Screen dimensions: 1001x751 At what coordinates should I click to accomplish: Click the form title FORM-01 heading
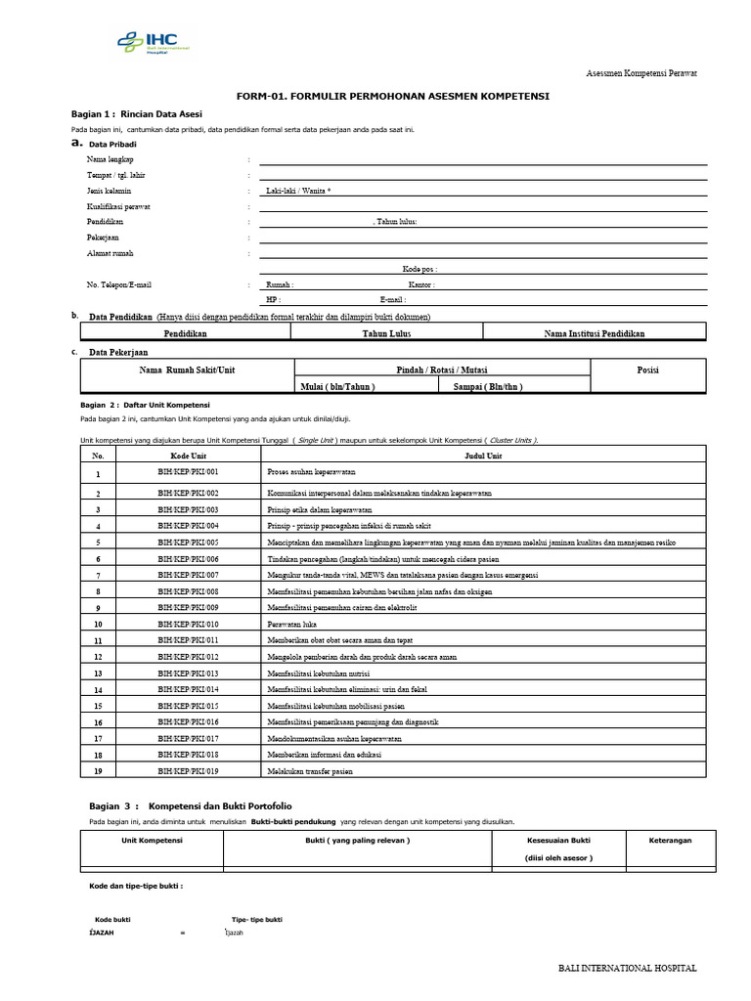click(393, 96)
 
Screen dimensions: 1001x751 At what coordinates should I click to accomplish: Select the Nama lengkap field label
click(110, 158)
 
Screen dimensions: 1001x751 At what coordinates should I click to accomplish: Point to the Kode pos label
click(420, 269)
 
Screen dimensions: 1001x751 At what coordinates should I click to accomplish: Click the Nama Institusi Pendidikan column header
click(594, 333)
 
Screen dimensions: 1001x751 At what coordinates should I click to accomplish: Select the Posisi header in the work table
click(647, 370)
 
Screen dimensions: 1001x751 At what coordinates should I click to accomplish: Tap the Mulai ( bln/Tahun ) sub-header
click(337, 386)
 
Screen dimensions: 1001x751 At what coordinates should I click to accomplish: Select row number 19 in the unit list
click(98, 772)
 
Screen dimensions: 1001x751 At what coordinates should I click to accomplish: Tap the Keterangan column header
click(670, 840)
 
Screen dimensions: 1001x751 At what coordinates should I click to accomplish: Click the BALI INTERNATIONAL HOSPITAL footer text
click(627, 968)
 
